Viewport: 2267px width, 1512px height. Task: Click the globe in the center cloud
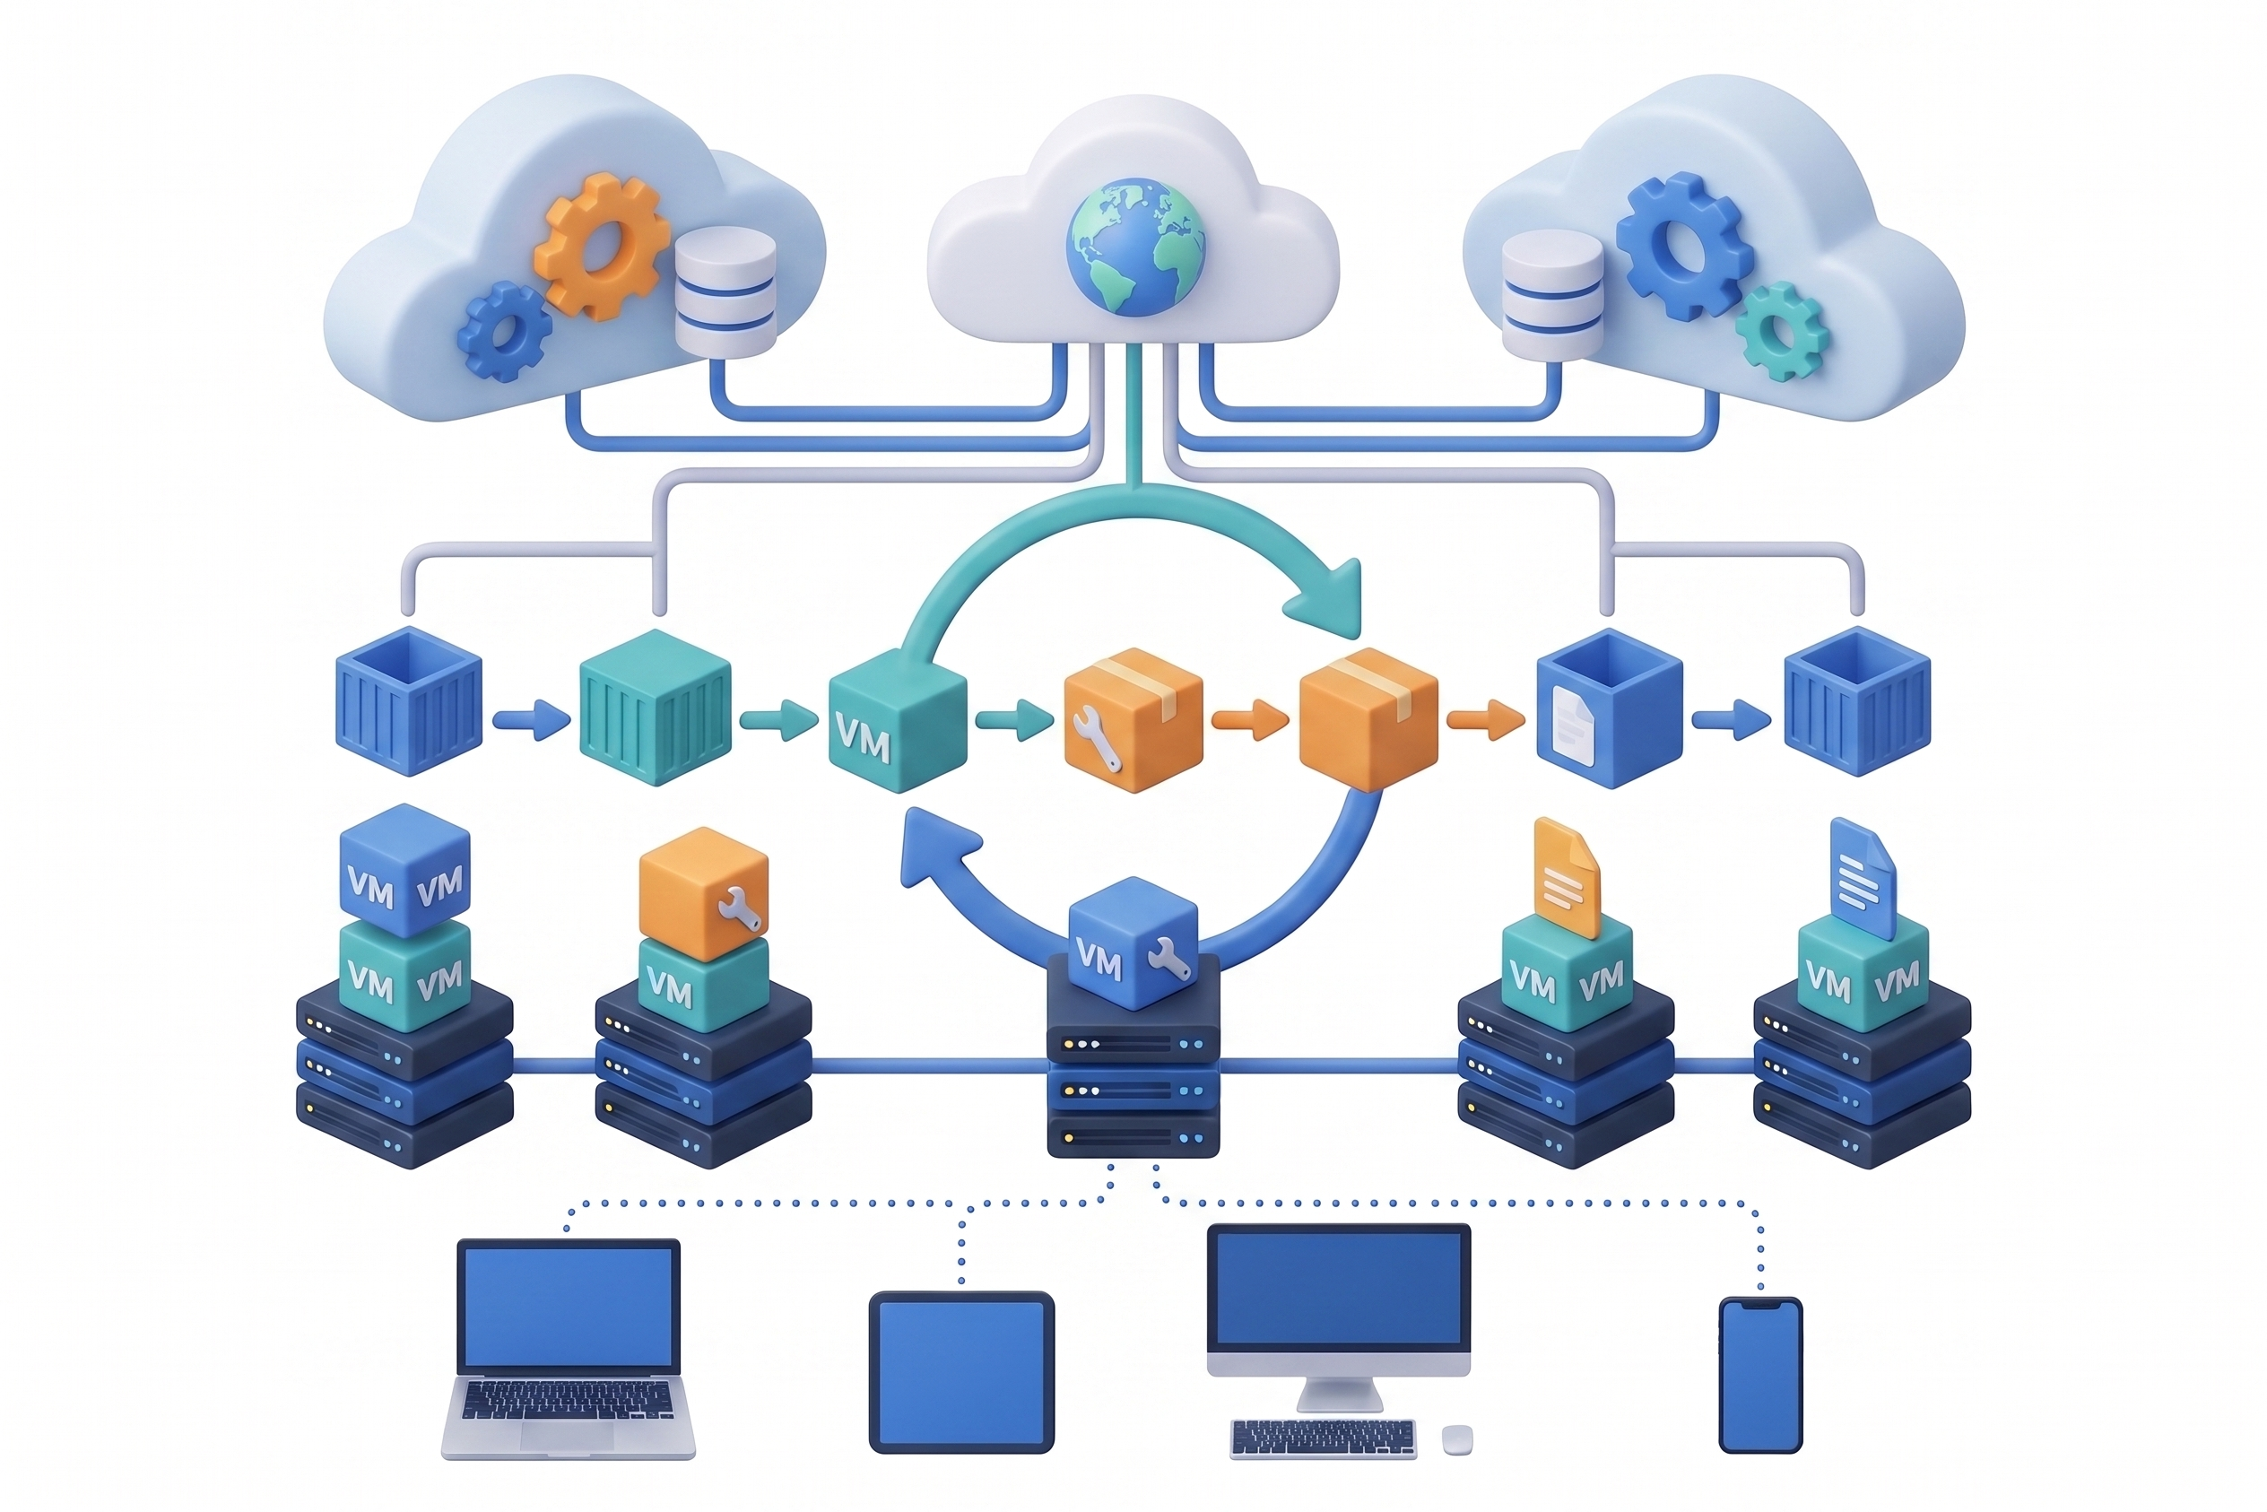coord(1135,247)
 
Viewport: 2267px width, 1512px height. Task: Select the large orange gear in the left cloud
coord(602,246)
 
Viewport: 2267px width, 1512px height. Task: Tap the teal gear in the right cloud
coord(1782,331)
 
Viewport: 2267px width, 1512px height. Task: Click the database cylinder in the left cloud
coord(725,291)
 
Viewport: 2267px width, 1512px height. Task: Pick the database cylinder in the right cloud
coord(1552,295)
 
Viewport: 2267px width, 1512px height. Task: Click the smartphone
coord(1760,1375)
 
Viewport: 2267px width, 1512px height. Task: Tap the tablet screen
coord(961,1372)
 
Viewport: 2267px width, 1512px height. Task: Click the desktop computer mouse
coord(1457,1440)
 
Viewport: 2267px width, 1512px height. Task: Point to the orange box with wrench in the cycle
coord(1133,719)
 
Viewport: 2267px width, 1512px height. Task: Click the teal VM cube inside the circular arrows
coord(898,719)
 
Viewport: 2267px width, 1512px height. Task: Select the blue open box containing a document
coord(1609,708)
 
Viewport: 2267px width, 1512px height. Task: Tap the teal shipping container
coord(655,707)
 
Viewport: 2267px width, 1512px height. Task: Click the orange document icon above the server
coord(1566,877)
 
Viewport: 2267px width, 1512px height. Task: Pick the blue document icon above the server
coord(1862,877)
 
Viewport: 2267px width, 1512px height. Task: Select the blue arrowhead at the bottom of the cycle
coord(936,848)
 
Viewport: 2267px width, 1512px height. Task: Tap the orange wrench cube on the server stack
coord(704,893)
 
